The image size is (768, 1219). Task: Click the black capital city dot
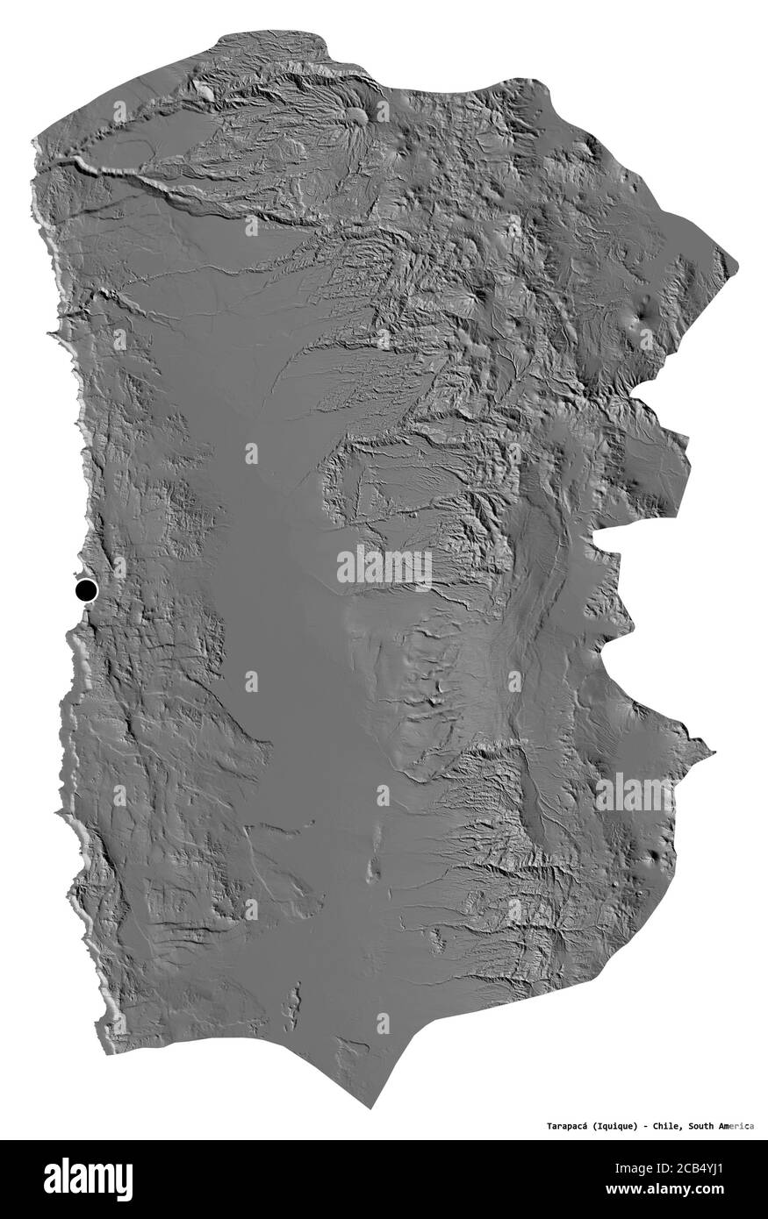tap(86, 589)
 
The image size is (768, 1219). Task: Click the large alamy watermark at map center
tap(384, 568)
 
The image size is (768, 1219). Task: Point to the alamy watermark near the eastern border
tap(635, 793)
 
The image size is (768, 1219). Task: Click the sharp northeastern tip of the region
tap(736, 264)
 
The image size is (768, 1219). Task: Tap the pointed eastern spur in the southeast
tap(712, 752)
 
